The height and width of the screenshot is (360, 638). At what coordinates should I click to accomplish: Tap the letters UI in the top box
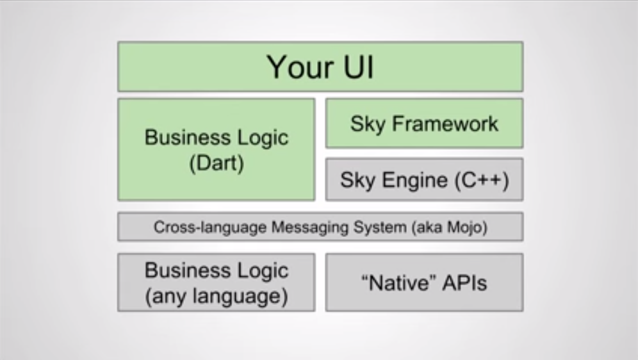coord(359,67)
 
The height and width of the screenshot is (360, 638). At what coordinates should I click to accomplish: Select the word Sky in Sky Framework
coord(368,124)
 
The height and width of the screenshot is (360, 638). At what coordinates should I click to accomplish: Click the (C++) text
coord(482,180)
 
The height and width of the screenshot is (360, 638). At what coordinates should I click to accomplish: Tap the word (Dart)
coord(217,163)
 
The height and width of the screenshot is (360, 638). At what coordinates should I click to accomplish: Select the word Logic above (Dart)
coord(263,138)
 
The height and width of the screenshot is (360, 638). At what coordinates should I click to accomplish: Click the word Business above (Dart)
coord(188,137)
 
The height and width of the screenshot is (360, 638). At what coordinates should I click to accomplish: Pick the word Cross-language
coord(210,227)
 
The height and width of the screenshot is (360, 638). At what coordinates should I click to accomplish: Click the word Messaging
coord(309,227)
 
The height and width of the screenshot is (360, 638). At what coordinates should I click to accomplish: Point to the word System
coord(380,227)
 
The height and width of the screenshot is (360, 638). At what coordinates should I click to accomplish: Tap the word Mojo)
coord(467,227)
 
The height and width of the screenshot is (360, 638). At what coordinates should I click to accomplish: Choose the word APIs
coord(464,282)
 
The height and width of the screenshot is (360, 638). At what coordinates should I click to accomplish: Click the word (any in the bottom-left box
coord(166,297)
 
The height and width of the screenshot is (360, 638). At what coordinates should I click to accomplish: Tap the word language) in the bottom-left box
coord(240,297)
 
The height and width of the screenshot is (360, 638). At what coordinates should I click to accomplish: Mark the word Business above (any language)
coord(188,270)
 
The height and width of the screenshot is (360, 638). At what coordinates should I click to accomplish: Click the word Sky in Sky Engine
coord(357,180)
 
